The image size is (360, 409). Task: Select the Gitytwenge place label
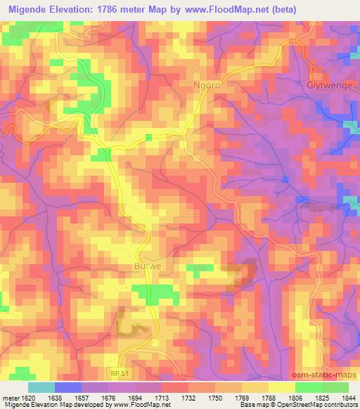[x=328, y=85]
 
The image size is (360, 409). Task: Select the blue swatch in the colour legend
[x=68, y=387]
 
